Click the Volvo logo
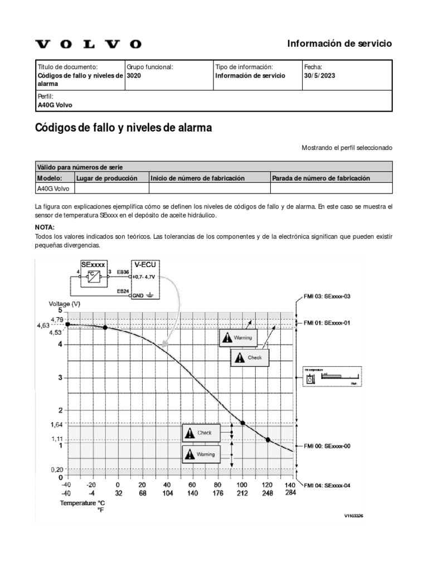click(x=89, y=44)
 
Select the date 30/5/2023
click(x=320, y=75)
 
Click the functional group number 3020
click(x=134, y=75)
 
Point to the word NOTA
click(x=45, y=228)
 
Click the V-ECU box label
click(x=144, y=264)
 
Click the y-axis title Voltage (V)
click(x=65, y=303)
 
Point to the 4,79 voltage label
click(x=57, y=319)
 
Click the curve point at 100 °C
click(x=242, y=423)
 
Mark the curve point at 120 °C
click(x=267, y=440)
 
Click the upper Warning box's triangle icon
click(x=227, y=337)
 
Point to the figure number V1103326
click(x=353, y=516)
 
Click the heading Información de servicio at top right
click(x=339, y=43)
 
